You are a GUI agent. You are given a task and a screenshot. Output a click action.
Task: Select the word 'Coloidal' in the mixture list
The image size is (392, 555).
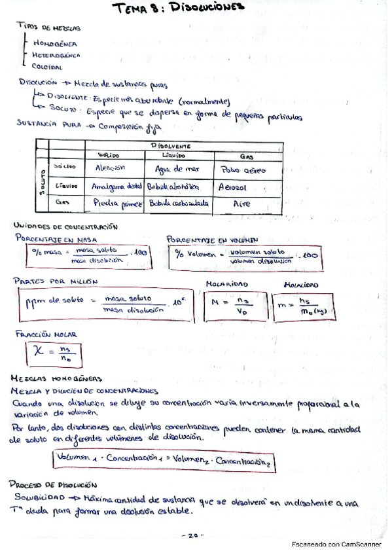coord(47,66)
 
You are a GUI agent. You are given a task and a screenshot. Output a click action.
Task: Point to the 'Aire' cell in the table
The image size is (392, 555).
coord(242,204)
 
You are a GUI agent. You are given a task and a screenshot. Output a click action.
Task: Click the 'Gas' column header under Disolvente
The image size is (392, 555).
coord(247,156)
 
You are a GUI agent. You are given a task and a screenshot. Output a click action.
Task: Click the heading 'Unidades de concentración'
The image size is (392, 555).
coord(65,225)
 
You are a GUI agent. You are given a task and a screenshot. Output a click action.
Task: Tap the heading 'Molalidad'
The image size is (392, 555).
coord(300,285)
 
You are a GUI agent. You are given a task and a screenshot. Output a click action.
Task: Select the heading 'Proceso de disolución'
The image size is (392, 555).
coord(54,485)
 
